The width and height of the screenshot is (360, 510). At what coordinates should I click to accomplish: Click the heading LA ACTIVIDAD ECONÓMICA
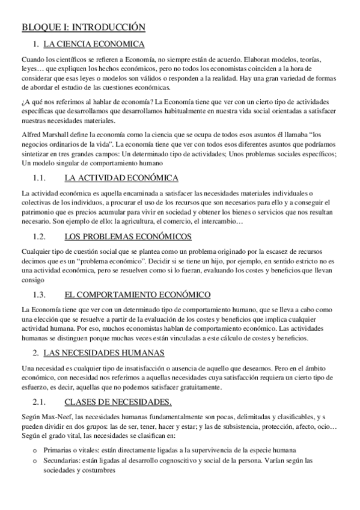point(121,177)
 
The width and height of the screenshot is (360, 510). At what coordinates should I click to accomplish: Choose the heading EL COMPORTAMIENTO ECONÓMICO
point(137,295)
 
